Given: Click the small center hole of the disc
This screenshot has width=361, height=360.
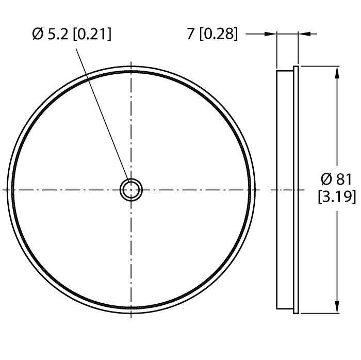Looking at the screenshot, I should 131,190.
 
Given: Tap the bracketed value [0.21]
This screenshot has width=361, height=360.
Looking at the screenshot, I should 91,35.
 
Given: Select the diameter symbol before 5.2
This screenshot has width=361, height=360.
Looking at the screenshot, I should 37,35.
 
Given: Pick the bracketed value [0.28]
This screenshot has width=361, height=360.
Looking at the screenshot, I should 218,35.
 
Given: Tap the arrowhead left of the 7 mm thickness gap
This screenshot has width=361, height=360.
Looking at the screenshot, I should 270,35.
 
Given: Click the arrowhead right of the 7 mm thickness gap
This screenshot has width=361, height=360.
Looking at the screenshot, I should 304,35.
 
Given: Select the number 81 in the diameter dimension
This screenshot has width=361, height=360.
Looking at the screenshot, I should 343,179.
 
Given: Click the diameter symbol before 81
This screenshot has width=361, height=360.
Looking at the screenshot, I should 326,179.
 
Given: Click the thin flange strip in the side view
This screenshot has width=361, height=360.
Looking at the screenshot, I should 296,190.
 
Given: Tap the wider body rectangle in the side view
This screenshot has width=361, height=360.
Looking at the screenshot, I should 285,190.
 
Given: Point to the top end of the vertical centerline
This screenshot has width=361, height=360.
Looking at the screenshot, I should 131,64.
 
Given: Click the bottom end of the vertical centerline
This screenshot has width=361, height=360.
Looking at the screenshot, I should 131,316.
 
